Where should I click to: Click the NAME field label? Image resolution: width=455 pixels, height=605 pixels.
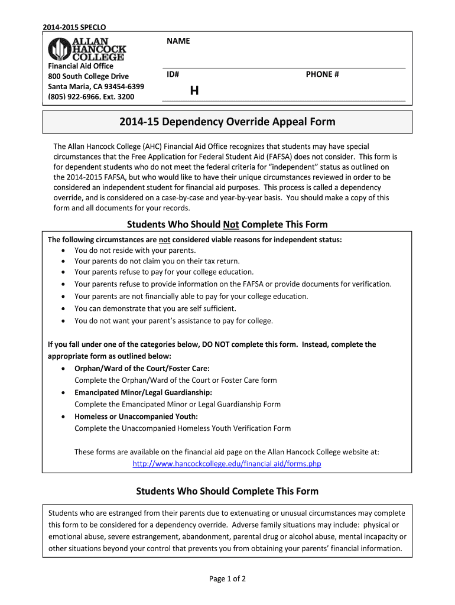[x=178, y=41]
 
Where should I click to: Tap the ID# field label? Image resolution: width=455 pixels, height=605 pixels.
[x=173, y=74]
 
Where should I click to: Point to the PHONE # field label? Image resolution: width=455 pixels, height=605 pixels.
[x=322, y=74]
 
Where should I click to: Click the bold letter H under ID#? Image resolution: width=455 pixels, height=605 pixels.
[x=194, y=91]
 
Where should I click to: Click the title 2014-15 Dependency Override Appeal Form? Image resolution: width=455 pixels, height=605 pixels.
[x=227, y=122]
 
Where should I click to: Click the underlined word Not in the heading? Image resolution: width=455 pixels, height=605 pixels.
[x=230, y=225]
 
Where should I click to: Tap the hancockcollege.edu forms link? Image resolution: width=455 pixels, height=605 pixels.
[x=227, y=464]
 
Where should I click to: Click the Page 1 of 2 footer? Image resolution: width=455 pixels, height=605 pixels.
[x=227, y=578]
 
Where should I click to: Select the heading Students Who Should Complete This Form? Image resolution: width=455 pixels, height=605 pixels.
[x=227, y=491]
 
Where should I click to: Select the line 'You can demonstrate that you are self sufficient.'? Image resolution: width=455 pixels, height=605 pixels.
[x=155, y=308]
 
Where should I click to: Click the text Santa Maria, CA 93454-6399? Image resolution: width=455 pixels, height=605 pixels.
[x=96, y=86]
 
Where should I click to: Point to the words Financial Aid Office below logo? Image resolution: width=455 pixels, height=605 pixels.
[x=80, y=66]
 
